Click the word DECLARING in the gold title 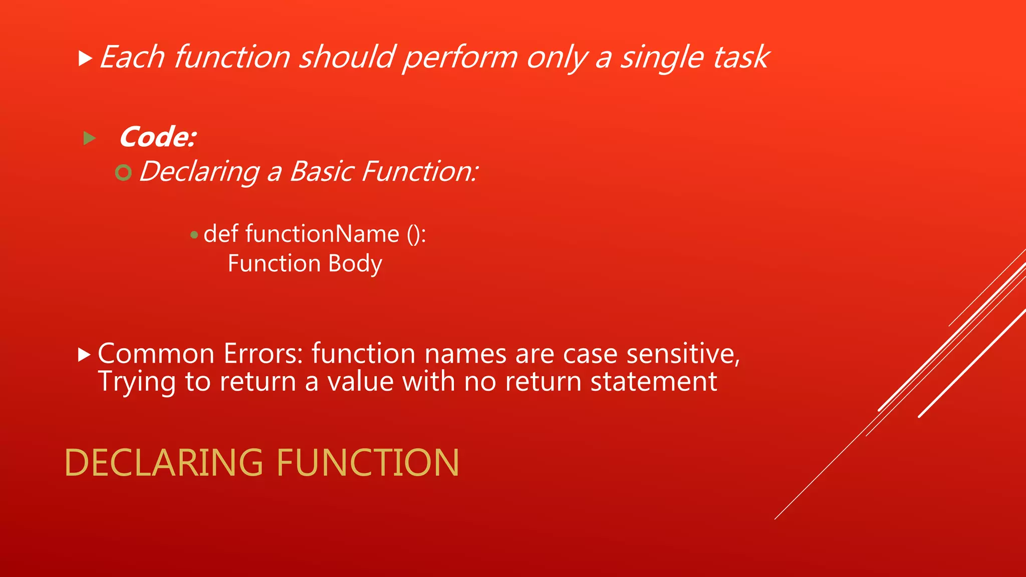[164, 462]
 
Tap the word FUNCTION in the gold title [367, 462]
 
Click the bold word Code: [158, 137]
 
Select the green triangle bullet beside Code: [90, 138]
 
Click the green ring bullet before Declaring [123, 173]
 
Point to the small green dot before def [194, 235]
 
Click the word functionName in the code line [322, 234]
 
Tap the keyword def [220, 234]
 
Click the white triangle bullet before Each [86, 59]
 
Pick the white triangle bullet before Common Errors [85, 355]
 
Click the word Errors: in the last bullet [264, 354]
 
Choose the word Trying [137, 382]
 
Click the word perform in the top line [460, 57]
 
